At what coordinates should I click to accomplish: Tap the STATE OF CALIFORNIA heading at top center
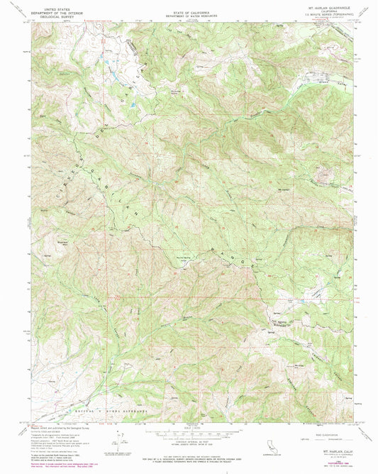point(189,5)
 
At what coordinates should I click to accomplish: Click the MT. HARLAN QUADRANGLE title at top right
point(327,5)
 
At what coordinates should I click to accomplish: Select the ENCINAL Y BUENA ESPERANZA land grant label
point(106,411)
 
